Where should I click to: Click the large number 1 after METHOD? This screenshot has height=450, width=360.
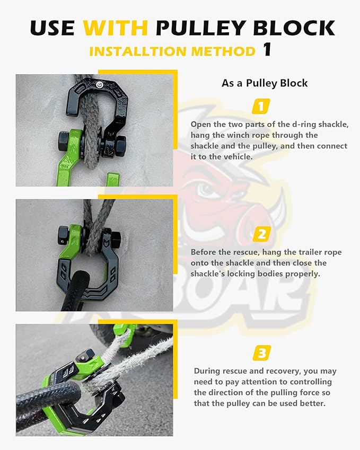(267, 50)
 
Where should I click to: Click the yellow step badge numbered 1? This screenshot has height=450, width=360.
(260, 107)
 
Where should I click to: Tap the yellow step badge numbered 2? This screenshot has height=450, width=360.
(261, 233)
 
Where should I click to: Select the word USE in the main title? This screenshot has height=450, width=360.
(52, 27)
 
